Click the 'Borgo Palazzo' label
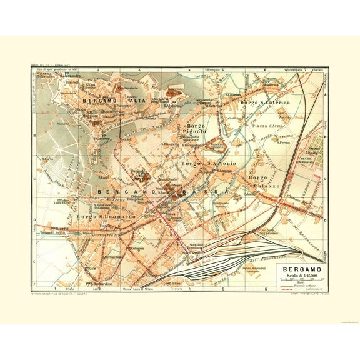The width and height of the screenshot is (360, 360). (262, 181)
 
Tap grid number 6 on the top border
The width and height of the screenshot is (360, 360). (265, 70)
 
